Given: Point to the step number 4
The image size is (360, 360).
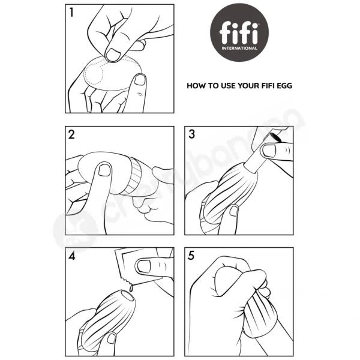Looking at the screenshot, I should coord(72,256).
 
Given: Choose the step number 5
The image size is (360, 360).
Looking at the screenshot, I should coord(191,256).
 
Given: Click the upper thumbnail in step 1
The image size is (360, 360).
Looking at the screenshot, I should coord(113,55).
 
